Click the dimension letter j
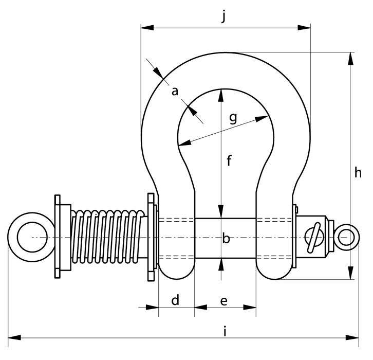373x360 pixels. pyautogui.click(x=223, y=16)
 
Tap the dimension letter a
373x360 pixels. pyautogui.click(x=175, y=91)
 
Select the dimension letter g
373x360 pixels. pyautogui.click(x=233, y=118)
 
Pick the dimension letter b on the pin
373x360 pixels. pyautogui.click(x=226, y=238)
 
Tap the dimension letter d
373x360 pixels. pyautogui.click(x=175, y=300)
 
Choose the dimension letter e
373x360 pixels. pyautogui.click(x=223, y=301)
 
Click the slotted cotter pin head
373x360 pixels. pyautogui.click(x=314, y=237)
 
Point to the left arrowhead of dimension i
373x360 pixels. pyautogui.click(x=14, y=337)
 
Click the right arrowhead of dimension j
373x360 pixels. pyautogui.click(x=304, y=27)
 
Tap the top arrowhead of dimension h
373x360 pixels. pyautogui.click(x=350, y=58)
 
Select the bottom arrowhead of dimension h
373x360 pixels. pyautogui.click(x=350, y=273)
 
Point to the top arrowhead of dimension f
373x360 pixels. pyautogui.click(x=221, y=96)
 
